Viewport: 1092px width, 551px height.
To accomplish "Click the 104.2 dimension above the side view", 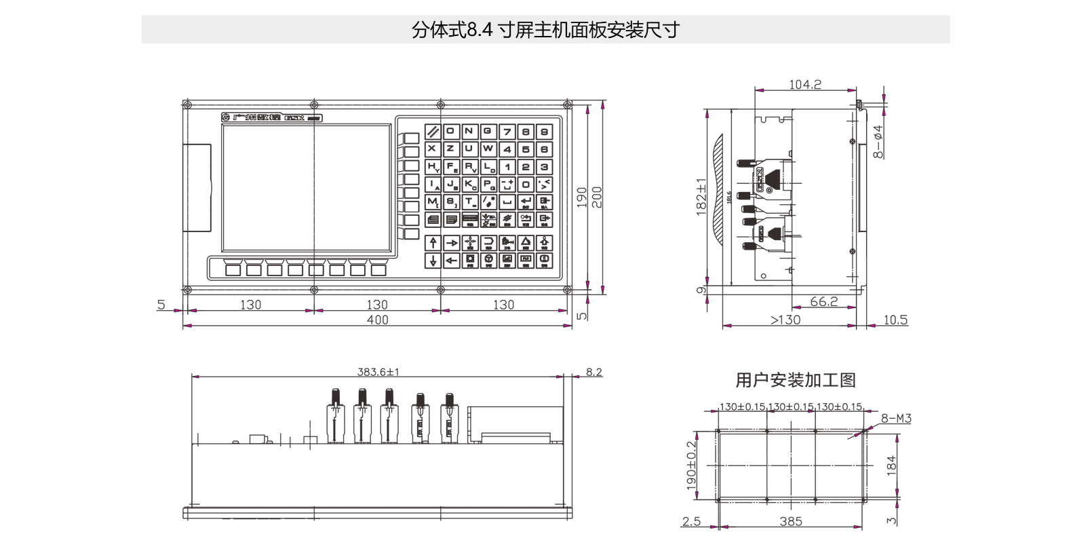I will tap(804, 85).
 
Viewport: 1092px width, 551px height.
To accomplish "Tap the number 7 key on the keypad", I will tap(507, 132).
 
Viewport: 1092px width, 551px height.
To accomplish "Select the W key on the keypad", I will tap(488, 149).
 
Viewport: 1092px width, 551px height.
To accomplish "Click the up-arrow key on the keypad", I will tap(433, 242).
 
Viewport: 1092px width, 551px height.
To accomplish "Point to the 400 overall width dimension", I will tap(377, 320).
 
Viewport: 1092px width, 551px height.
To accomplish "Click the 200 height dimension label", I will tap(597, 197).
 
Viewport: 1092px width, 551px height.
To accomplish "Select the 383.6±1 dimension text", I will tap(378, 372).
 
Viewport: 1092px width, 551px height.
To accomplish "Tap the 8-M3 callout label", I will tap(896, 419).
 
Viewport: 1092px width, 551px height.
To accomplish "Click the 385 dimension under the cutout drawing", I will tap(791, 521).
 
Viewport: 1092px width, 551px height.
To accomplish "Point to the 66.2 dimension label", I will tap(823, 301).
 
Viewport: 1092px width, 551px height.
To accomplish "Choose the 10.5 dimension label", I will tap(895, 320).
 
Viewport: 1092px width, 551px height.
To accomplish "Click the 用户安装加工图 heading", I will tap(796, 380).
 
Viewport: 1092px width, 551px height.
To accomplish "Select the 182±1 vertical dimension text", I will tap(701, 197).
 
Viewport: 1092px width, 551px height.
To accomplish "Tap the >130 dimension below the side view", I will tap(785, 320).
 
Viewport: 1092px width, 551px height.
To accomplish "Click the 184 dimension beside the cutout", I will tap(891, 465).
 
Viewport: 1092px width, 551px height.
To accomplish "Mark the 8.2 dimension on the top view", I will tap(594, 372).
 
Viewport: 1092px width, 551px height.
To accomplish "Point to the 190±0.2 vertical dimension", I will tap(691, 465).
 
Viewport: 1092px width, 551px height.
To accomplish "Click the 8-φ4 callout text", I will tap(878, 141).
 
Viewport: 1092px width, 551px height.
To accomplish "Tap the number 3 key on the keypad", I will tap(544, 167).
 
